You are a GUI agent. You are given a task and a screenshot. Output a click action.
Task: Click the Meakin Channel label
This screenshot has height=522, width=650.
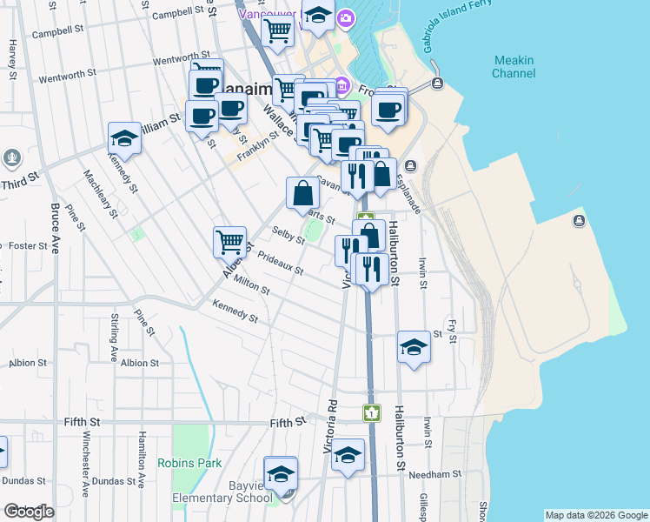[514, 67]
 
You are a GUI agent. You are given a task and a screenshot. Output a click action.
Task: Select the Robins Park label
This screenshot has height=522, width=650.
[189, 464]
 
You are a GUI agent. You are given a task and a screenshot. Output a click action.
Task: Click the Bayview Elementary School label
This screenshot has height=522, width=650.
[222, 492]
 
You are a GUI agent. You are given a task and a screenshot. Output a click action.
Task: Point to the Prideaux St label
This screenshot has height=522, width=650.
[280, 264]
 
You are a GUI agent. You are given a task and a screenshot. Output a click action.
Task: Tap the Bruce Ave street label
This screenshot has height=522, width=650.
[56, 227]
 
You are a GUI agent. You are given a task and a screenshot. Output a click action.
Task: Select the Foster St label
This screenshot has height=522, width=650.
[28, 246]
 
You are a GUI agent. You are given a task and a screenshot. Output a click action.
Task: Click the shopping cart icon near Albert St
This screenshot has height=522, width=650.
[230, 241]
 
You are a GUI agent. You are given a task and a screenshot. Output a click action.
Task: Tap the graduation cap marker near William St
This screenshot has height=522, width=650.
[124, 139]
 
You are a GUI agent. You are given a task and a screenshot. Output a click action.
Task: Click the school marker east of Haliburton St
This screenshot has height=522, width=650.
[414, 348]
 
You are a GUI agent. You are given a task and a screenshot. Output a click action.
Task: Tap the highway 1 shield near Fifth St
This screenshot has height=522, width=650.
[372, 412]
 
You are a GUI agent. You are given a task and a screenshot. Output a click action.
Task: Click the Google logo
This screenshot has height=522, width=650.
[29, 512]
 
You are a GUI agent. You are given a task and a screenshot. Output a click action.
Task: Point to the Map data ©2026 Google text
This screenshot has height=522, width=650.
[596, 515]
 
